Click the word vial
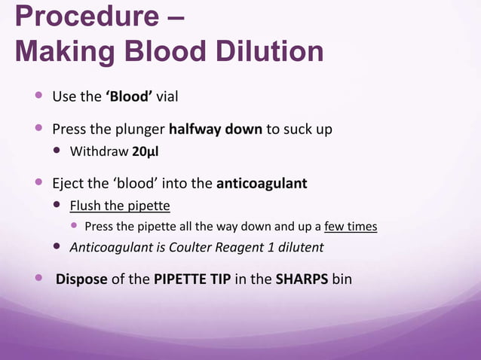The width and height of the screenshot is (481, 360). [166, 97]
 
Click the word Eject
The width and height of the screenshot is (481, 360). [68, 183]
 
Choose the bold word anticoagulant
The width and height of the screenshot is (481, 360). [262, 183]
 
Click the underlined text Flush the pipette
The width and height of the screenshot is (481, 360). [120, 206]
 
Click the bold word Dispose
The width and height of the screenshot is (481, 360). [81, 279]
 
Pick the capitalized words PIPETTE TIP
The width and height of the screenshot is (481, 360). [192, 279]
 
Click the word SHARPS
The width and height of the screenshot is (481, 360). [300, 279]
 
